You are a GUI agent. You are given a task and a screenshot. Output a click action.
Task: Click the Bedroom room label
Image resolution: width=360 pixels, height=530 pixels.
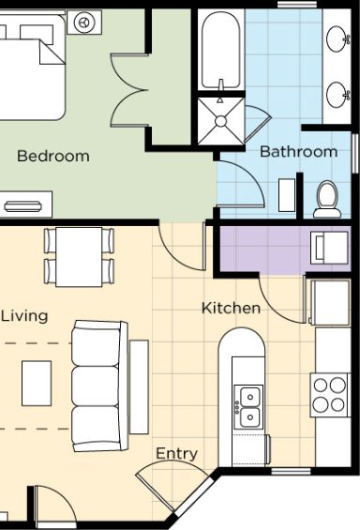(x=53, y=156)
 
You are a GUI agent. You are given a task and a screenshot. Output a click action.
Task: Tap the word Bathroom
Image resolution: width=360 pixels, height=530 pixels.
(x=298, y=151)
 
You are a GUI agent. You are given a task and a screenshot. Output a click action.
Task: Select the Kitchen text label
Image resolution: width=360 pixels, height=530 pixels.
(x=231, y=308)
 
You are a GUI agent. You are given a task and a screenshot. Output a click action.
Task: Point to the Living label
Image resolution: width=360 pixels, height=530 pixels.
(x=24, y=316)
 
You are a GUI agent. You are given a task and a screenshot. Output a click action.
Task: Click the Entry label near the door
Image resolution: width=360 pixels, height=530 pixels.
(x=176, y=454)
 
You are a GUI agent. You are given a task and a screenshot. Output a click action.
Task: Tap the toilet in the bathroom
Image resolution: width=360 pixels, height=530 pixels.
(x=327, y=200)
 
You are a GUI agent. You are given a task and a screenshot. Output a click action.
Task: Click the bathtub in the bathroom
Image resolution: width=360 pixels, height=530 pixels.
(x=221, y=50)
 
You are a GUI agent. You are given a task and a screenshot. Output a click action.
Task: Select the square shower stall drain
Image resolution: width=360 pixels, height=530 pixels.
(x=220, y=121)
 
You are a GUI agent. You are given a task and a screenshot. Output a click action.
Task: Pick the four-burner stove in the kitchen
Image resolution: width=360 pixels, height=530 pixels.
(x=330, y=395)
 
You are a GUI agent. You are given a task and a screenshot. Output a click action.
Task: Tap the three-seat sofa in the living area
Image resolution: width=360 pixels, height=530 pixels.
(x=100, y=386)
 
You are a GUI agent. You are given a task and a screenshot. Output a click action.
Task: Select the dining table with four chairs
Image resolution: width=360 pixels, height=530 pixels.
(x=79, y=257)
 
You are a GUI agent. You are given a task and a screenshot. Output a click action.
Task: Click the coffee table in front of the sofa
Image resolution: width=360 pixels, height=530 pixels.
(x=37, y=383)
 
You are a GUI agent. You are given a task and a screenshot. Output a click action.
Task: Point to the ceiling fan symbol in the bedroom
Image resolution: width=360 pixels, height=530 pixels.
(x=84, y=23)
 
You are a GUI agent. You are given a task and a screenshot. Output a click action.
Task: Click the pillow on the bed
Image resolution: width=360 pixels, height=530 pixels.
(x=37, y=34)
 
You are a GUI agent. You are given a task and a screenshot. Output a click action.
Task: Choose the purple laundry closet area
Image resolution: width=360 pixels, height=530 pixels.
(x=285, y=249)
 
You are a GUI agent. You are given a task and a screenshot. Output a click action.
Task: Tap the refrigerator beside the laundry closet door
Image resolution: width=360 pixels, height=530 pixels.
(x=330, y=302)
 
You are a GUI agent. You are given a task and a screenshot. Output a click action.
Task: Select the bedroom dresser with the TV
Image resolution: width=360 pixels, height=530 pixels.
(x=26, y=204)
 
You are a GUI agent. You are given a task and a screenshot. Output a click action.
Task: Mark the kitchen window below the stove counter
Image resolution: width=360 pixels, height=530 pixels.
(x=291, y=471)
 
